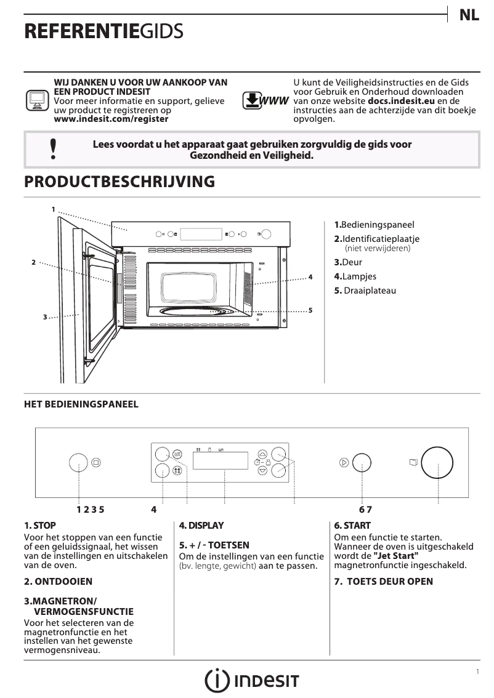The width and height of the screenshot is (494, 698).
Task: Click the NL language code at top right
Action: click(x=469, y=16)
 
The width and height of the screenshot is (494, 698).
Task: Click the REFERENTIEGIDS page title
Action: click(x=103, y=33)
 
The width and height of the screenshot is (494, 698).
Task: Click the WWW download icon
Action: click(x=265, y=100)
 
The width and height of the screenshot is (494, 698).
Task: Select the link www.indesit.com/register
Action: click(x=111, y=119)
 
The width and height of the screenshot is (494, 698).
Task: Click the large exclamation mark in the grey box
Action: click(x=53, y=150)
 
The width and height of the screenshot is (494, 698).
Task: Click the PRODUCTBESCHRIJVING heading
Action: click(x=119, y=182)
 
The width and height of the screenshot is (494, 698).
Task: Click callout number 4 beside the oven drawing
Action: click(x=310, y=278)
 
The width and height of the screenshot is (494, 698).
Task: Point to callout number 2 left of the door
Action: click(x=34, y=262)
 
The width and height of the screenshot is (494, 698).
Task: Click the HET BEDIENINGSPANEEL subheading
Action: click(x=81, y=404)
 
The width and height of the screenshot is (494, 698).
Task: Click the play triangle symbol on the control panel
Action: click(x=344, y=462)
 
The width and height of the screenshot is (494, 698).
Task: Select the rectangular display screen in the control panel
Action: click(x=221, y=461)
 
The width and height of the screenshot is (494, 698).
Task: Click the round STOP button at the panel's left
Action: click(x=78, y=462)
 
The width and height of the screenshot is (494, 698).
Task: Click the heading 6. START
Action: click(x=352, y=526)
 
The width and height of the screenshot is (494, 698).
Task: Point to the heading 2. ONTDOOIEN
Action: click(x=59, y=582)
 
